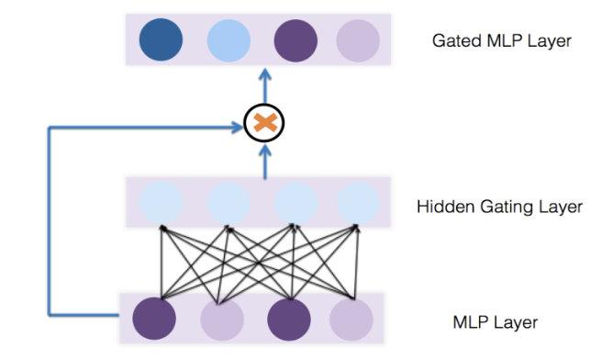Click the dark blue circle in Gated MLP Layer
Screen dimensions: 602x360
161,39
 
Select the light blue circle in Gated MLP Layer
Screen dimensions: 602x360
229,40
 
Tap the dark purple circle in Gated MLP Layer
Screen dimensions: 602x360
295,40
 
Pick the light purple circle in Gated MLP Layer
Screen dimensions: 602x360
358,40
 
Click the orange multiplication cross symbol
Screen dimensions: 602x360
265,123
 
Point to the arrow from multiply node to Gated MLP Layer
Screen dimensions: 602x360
264,86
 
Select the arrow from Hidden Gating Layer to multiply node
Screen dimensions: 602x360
264,162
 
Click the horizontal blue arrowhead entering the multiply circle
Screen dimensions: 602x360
237,127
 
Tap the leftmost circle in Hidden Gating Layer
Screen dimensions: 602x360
161,202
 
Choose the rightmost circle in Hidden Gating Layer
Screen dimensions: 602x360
358,202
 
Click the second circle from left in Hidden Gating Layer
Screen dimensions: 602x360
229,202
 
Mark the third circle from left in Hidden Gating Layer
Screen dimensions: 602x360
295,202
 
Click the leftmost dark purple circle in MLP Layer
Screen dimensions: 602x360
154,319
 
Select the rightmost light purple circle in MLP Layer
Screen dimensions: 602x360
351,320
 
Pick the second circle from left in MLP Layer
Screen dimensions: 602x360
222,320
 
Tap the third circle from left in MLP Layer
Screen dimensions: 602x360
289,320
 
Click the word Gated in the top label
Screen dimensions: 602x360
457,40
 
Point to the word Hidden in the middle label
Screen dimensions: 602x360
446,207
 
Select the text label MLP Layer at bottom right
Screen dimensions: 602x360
496,322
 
